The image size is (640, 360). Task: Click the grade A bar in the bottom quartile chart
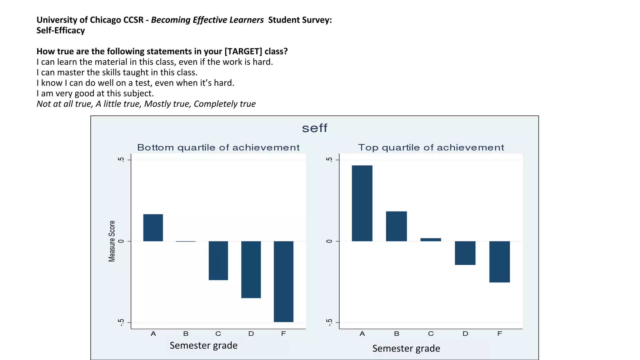pyautogui.click(x=153, y=227)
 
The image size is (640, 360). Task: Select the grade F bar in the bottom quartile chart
pyautogui.click(x=283, y=281)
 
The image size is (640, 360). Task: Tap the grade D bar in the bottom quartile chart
pyautogui.click(x=251, y=269)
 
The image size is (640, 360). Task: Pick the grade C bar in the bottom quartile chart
pyautogui.click(x=218, y=260)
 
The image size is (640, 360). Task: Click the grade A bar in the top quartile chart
pyautogui.click(x=362, y=203)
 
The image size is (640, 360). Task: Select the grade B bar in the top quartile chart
pyautogui.click(x=396, y=226)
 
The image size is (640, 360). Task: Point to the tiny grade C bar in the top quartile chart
pyautogui.click(x=431, y=240)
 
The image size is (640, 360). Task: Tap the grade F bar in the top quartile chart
pyautogui.click(x=499, y=262)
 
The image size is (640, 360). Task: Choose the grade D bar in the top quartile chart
pyautogui.click(x=465, y=253)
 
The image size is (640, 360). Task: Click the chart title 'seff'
pyautogui.click(x=314, y=128)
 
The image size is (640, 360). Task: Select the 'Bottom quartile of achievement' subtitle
pyautogui.click(x=218, y=147)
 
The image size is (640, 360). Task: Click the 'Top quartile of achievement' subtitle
pyautogui.click(x=431, y=147)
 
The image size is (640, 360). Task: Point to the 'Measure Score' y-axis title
pyautogui.click(x=112, y=241)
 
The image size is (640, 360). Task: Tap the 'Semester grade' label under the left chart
pyautogui.click(x=203, y=345)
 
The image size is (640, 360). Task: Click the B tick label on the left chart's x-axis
pyautogui.click(x=186, y=334)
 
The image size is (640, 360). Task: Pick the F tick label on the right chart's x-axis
pyautogui.click(x=499, y=334)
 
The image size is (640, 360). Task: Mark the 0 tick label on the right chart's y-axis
pyautogui.click(x=329, y=241)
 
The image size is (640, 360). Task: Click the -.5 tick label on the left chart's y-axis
pyautogui.click(x=121, y=322)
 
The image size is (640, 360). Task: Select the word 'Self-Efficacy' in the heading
pyautogui.click(x=61, y=30)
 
